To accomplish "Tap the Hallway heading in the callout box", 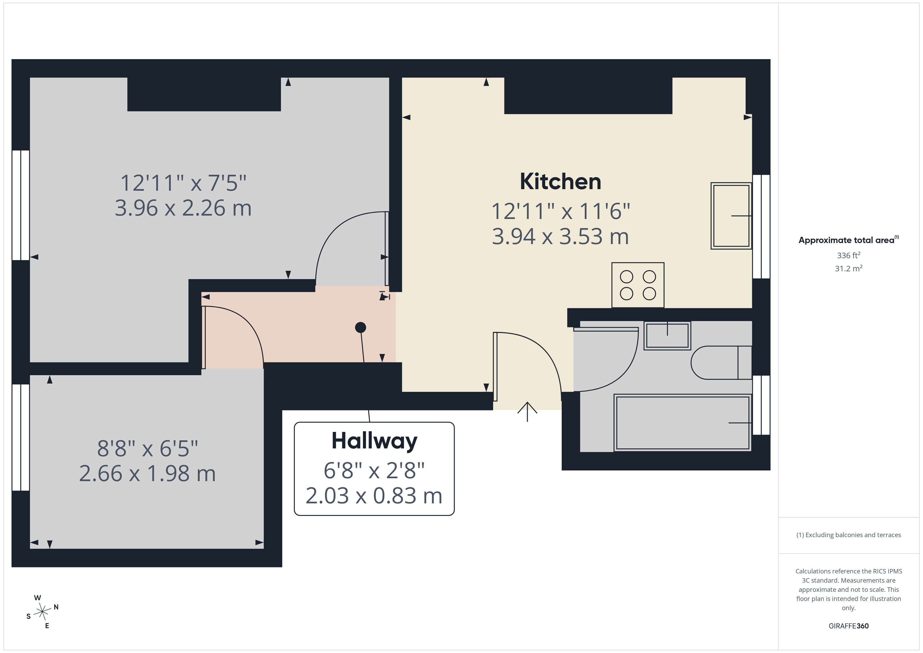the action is pos(374,441).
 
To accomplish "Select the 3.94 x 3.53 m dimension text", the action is pos(560,237).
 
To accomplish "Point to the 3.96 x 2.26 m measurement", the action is pos(183,208).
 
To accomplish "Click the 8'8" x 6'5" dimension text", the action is pos(148,448).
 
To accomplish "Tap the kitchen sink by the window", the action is pos(731,216).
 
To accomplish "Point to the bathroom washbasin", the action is pos(667,335).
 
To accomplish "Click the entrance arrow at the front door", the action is pos(527,412).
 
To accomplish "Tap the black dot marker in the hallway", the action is pos(361,328).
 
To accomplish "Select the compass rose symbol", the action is pos(42,612).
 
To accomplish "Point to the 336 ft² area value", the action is pos(849,255).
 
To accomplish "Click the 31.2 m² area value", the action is pos(849,268).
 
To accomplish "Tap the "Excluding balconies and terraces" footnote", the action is pos(849,535).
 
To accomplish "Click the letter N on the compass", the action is pos(56,607).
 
